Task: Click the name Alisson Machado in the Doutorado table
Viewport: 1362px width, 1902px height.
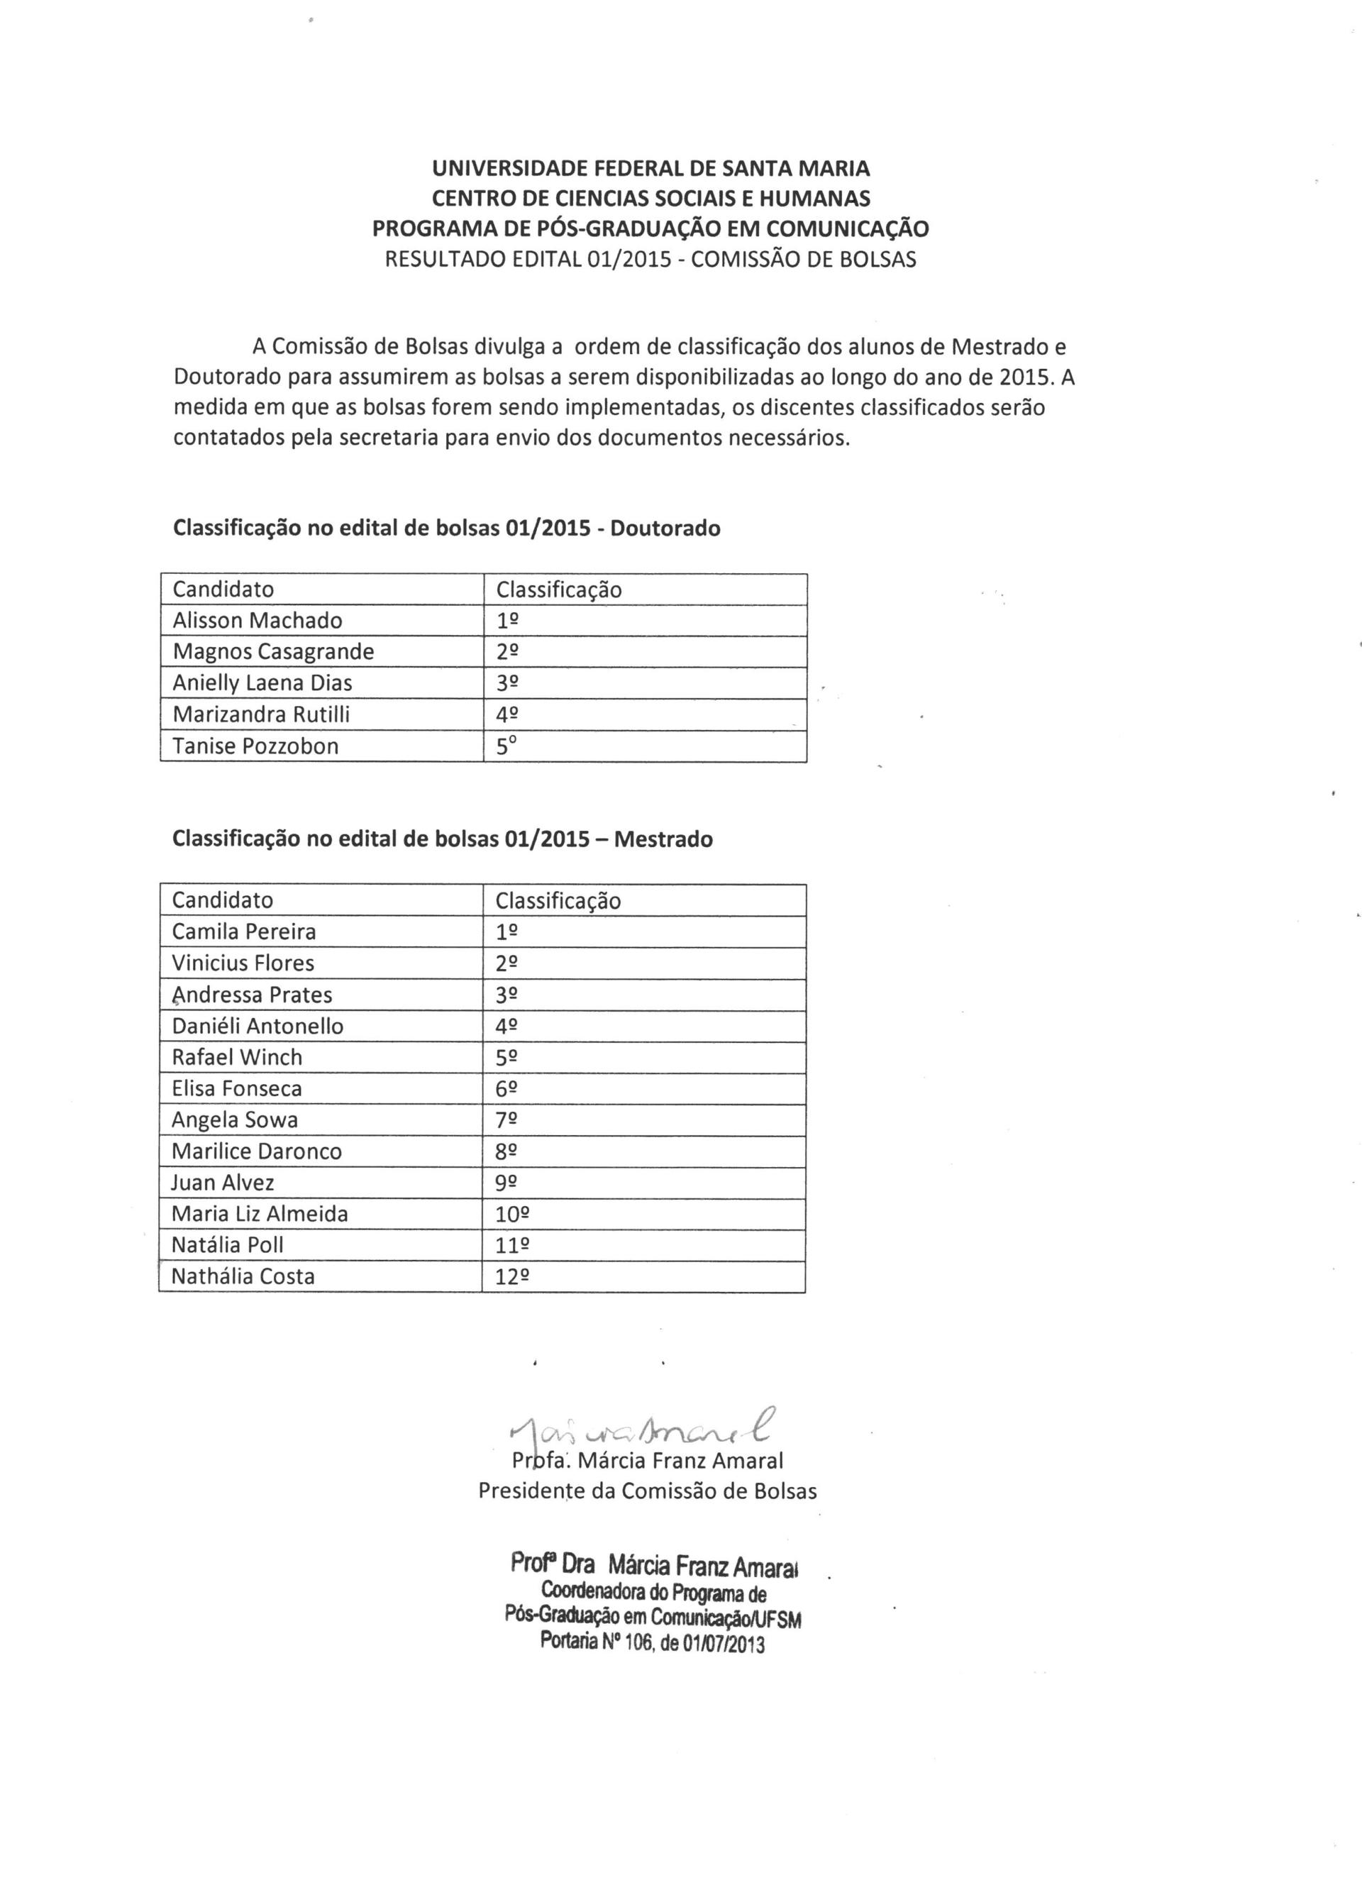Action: [x=258, y=621]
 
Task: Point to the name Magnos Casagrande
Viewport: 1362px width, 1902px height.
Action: [x=273, y=651]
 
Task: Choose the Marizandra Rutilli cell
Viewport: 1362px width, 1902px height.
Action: [x=261, y=714]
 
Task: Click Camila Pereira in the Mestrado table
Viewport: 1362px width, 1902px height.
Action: [x=244, y=931]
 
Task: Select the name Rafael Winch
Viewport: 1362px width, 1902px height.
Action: [x=236, y=1058]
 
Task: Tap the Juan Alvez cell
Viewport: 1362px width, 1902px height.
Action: [x=222, y=1183]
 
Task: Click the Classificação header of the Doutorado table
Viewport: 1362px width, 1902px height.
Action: [x=558, y=590]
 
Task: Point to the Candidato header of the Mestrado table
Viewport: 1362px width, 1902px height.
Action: [x=222, y=901]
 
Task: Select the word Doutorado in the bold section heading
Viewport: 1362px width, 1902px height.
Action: [x=665, y=529]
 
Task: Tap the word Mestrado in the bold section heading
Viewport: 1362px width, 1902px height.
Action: [x=663, y=839]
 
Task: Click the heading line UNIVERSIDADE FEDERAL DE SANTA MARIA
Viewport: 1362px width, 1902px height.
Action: [x=650, y=169]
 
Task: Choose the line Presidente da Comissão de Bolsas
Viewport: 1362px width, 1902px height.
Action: [x=648, y=1491]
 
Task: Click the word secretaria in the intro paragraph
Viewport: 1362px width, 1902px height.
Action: [x=389, y=438]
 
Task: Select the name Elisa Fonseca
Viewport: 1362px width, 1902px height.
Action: [x=236, y=1088]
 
